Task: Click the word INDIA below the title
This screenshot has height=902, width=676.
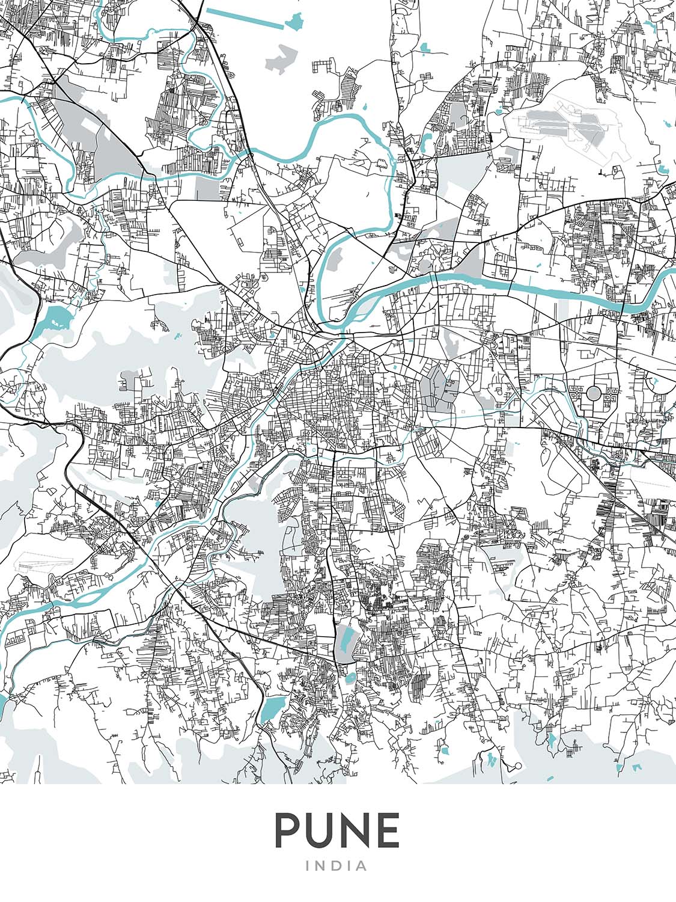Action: [x=337, y=866]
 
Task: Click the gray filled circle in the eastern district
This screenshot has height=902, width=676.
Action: [x=594, y=393]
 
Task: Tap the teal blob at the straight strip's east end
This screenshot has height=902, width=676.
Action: [x=294, y=22]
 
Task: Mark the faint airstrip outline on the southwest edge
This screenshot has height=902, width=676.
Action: [x=45, y=563]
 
